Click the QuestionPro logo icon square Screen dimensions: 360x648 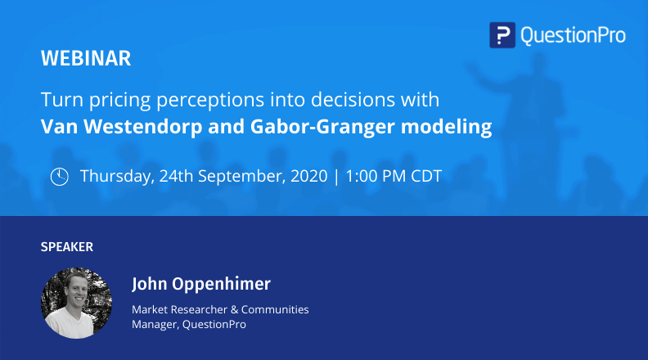click(x=502, y=35)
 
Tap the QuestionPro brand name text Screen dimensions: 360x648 click(x=572, y=35)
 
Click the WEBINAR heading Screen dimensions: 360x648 click(x=85, y=59)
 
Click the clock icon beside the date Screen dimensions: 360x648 click(x=59, y=177)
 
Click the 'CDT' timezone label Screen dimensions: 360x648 click(x=425, y=177)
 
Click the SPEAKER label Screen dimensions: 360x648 click(x=67, y=246)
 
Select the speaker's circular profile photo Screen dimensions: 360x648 click(x=76, y=303)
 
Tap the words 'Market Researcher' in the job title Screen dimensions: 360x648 click(x=179, y=309)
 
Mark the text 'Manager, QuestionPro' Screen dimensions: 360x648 click(x=189, y=324)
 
